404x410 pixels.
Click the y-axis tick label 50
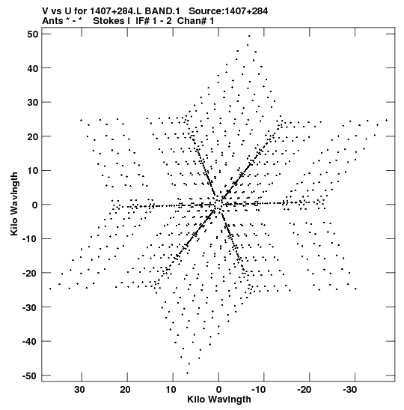coord(33,34)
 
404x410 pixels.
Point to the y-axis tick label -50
coord(30,376)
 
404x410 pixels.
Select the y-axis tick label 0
coord(35,205)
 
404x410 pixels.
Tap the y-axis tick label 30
coord(33,103)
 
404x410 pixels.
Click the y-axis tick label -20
coord(30,274)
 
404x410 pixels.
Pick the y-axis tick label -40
coord(30,342)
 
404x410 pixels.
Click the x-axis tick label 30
coord(79,390)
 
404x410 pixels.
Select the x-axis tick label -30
coord(349,390)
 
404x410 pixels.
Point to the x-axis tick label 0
coord(218,390)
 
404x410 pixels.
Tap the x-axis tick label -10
coord(259,390)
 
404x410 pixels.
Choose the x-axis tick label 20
coord(125,390)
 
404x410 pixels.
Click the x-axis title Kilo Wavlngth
coord(219,400)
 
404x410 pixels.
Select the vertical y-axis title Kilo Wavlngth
coord(14,204)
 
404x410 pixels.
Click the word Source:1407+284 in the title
coord(228,11)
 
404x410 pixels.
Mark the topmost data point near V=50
coord(249,36)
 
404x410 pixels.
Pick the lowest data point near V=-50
coord(187,373)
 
